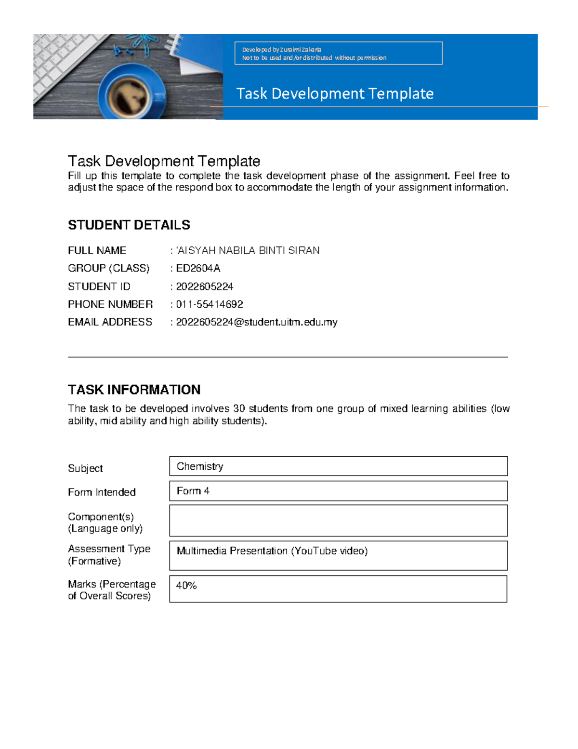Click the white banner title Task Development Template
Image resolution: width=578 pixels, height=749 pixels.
coord(335,94)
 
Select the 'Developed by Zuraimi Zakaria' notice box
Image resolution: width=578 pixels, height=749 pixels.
coord(338,53)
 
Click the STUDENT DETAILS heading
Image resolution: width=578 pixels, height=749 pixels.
coord(129,225)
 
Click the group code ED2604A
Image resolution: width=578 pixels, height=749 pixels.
coord(198,268)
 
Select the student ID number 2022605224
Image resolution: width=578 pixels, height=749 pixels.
coord(204,286)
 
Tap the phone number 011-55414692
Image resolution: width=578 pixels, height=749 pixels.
coord(210,304)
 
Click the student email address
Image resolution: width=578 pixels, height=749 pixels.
coord(256,322)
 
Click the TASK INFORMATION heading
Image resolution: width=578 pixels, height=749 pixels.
coord(134,390)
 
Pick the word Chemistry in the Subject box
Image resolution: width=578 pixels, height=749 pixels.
coord(200,466)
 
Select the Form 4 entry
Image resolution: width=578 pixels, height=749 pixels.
coord(193,491)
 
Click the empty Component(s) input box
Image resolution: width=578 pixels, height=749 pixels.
coord(338,520)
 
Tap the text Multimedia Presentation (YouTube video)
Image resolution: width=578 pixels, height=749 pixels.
coord(272,551)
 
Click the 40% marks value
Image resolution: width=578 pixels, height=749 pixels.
coord(186,586)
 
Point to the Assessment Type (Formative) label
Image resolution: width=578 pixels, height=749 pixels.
coord(109,555)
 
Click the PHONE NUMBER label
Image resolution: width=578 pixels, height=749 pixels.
coord(110,304)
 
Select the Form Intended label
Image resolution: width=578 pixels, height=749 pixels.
coord(102,492)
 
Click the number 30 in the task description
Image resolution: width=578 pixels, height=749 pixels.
coord(239,409)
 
